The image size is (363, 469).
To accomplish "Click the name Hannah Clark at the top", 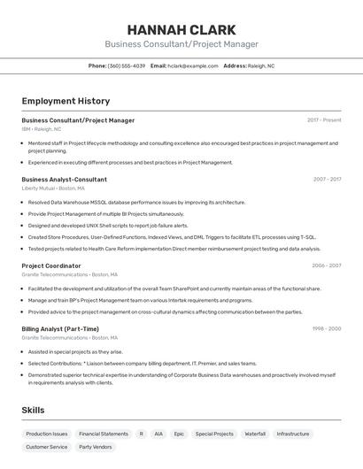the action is click(181, 28).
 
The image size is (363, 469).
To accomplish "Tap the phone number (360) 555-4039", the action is click(127, 65).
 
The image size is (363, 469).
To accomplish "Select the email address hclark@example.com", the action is click(192, 65).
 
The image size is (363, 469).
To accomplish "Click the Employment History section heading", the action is click(66, 101).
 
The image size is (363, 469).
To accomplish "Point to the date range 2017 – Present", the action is click(324, 119).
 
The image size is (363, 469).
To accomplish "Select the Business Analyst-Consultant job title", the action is click(64, 179).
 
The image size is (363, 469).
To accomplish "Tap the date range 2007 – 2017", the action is click(327, 179).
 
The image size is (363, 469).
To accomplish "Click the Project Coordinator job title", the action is click(51, 265).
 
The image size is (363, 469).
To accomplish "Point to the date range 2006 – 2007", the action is click(327, 265).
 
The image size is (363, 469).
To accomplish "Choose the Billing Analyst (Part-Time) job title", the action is click(60, 328).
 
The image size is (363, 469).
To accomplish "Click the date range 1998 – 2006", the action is click(327, 328).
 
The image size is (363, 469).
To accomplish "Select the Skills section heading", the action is click(33, 410).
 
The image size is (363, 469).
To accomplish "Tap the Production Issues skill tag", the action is click(46, 434).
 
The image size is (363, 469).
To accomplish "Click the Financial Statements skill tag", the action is click(104, 434).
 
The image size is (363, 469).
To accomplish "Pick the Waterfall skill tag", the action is click(255, 434).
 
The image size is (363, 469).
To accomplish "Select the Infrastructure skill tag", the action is click(293, 434).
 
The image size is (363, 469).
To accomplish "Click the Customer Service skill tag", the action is click(46, 447).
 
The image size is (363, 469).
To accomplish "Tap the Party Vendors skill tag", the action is click(96, 447).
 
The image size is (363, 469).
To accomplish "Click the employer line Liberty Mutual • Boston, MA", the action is click(53, 188).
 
